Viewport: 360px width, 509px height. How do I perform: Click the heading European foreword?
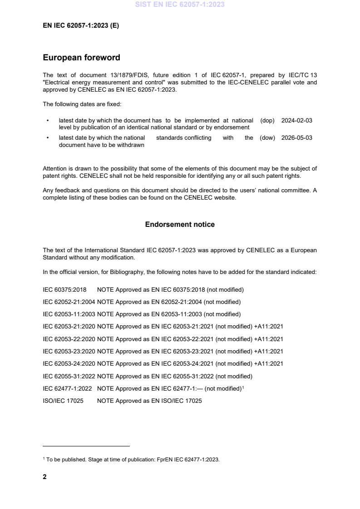(x=81, y=58)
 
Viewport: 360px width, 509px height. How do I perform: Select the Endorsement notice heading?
(x=180, y=225)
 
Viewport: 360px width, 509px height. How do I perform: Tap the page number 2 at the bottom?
(x=44, y=477)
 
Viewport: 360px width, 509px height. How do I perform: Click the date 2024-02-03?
(x=296, y=121)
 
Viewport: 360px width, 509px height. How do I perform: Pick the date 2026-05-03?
(x=296, y=138)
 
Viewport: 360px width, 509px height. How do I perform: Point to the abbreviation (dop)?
(x=268, y=121)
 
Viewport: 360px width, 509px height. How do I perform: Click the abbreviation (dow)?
(x=267, y=138)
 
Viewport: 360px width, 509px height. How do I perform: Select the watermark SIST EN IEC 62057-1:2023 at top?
(x=180, y=5)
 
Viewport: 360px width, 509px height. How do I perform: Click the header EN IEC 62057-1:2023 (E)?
(x=81, y=26)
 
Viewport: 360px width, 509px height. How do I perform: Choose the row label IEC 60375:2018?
(x=64, y=289)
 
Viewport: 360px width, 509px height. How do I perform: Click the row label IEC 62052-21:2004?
(x=69, y=302)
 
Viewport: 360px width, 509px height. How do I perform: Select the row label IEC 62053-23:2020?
(x=69, y=351)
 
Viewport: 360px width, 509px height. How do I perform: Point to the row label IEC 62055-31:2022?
(x=69, y=376)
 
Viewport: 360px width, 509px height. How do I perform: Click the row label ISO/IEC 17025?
(x=63, y=401)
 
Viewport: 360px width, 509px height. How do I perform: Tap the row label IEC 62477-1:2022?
(x=67, y=388)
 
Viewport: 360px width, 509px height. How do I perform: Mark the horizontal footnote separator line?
(x=86, y=446)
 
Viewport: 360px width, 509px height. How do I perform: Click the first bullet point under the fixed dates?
(x=48, y=121)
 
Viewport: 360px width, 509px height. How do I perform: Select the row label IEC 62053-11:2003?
(x=69, y=314)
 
